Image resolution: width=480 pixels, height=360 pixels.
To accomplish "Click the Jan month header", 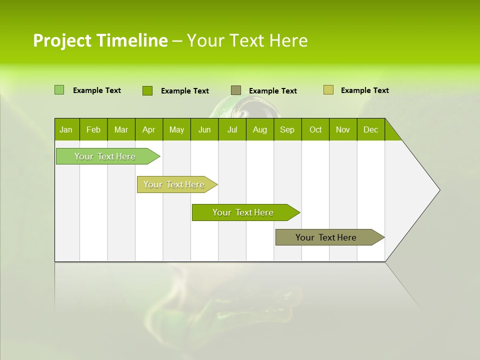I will click(x=66, y=129).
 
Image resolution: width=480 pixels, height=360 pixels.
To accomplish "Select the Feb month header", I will click(x=93, y=129).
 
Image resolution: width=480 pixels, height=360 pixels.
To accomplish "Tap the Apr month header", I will click(x=148, y=129).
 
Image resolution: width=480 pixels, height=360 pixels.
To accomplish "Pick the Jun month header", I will click(x=204, y=129).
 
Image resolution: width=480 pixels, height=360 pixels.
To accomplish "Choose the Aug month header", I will click(x=259, y=129).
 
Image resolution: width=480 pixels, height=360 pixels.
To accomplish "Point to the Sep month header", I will click(x=287, y=129).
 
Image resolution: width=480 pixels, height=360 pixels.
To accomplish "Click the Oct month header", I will click(x=315, y=129).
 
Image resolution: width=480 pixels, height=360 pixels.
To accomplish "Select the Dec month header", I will click(x=370, y=129).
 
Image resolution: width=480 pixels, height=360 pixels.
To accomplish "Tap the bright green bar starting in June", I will click(x=243, y=212).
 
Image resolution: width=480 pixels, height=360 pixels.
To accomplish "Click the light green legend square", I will click(x=59, y=90).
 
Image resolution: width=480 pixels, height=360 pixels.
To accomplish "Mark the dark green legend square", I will click(x=147, y=90).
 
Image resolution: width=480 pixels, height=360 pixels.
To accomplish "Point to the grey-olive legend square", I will click(x=235, y=90).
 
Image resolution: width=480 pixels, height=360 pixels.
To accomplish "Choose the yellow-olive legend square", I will click(x=328, y=90).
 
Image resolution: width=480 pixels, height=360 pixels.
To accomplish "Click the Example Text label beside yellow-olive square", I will click(x=364, y=90).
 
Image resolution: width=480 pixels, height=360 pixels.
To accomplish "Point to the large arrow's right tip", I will click(x=439, y=190).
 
